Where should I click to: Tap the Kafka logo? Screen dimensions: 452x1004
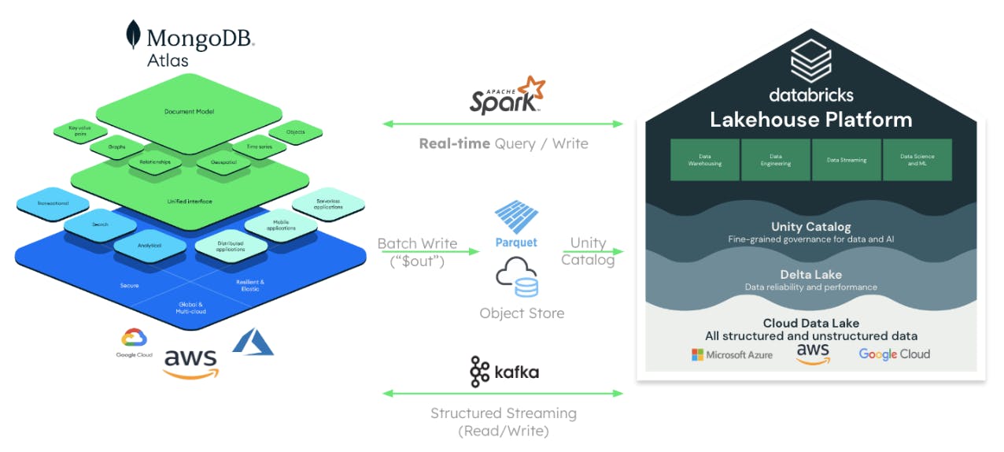(504, 372)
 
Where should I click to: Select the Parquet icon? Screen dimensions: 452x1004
(515, 217)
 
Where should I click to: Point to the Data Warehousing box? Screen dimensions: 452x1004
(704, 160)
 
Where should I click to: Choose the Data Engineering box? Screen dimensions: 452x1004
(775, 160)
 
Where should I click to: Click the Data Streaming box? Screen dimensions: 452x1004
(847, 160)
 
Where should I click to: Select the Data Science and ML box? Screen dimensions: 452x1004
(917, 160)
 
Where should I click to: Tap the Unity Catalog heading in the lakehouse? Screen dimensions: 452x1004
(810, 227)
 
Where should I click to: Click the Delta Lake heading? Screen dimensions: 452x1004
(810, 275)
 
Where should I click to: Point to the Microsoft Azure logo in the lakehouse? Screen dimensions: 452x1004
(732, 354)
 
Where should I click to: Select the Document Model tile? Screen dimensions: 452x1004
(189, 111)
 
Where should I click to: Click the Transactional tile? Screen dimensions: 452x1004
(53, 204)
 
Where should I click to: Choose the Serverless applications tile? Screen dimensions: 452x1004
(328, 203)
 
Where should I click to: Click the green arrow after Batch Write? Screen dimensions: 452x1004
(457, 252)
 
